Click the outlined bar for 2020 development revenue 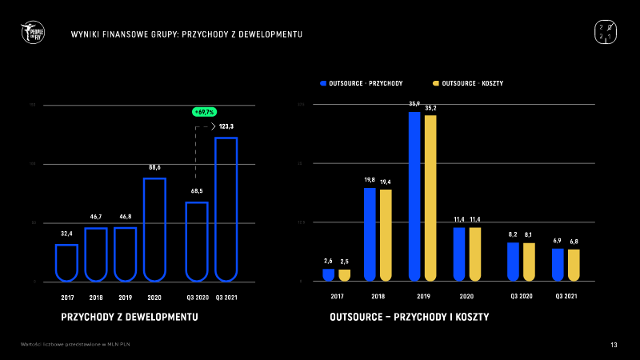154,230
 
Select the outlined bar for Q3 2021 226,210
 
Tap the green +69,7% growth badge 205,112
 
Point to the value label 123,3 226,126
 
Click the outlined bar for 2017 66,262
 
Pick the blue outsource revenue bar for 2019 414,196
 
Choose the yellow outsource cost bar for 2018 386,234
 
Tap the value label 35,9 414,104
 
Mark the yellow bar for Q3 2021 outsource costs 574,265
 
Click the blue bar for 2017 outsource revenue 328,274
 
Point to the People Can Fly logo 33,33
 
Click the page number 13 614,345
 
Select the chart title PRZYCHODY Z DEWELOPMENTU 130,318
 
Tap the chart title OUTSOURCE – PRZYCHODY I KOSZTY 410,318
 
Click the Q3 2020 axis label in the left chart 197,297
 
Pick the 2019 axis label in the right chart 414,296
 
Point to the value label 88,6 154,167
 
